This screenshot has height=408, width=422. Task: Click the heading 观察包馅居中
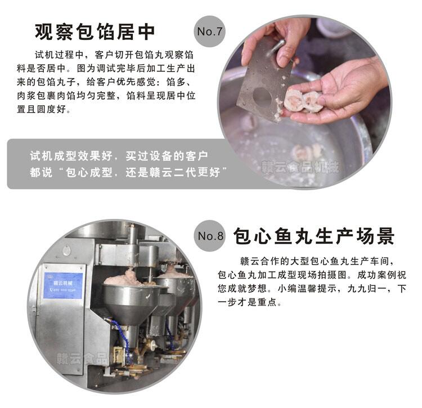pos(95,32)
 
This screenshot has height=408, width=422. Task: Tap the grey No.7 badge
pos(209,32)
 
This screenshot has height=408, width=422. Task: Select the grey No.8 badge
pos(210,236)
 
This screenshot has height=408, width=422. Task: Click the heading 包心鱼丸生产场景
pos(313,236)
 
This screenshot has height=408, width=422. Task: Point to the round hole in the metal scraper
pos(262,97)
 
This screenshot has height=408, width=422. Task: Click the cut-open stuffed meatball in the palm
pos(303,101)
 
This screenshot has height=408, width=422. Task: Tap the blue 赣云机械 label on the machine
pos(63,285)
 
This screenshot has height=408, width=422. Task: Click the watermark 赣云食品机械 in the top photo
pos(299,167)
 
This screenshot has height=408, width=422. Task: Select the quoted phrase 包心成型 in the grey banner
pos(89,172)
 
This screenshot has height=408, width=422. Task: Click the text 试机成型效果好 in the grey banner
pos(71,156)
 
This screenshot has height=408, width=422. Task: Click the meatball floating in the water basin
pos(307,152)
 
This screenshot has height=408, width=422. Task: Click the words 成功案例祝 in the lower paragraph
pos(381,275)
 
